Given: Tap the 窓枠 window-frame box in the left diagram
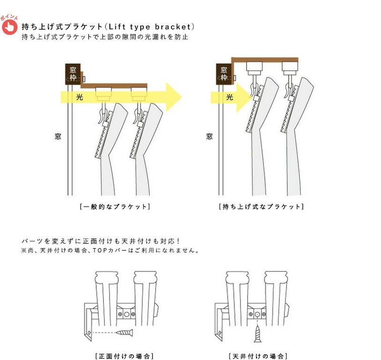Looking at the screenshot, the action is point(73,74).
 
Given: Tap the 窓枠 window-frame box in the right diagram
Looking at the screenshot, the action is point(224,74).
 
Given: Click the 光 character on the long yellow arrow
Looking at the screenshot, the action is point(80,97).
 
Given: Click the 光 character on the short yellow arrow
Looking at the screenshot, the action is point(230,97).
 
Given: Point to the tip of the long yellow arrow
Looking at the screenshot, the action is point(182,97).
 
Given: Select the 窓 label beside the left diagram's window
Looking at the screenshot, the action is point(58,136).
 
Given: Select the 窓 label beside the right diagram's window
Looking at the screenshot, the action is point(210,136).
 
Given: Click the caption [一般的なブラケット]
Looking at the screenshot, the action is point(115,207).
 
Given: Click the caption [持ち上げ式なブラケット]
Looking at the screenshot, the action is point(261,207).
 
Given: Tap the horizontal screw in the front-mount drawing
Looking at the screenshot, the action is point(124,332).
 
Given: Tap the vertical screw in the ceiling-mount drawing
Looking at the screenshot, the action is point(258,334).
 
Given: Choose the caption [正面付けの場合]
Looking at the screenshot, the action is point(125,356).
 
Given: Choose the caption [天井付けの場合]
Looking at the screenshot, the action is point(258,356).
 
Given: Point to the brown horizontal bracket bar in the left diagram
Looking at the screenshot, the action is point(114,86).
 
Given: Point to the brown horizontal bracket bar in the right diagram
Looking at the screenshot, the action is point(265,60).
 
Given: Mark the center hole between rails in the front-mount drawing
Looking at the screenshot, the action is point(126,314).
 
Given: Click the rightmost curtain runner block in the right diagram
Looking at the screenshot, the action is point(290,68).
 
